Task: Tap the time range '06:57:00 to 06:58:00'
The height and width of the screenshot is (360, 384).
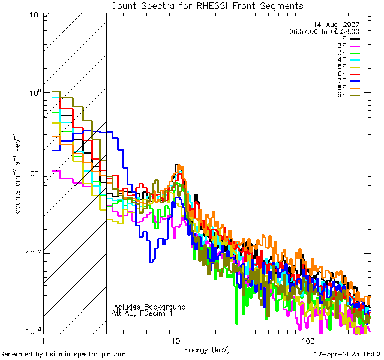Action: [x=324, y=31]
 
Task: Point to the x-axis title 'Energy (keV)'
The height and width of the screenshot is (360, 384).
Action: [x=206, y=350]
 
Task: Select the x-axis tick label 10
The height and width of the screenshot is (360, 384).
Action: [x=175, y=340]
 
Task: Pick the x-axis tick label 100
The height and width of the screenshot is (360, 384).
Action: [x=307, y=340]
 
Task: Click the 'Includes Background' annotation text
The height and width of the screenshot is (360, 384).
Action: [x=149, y=307]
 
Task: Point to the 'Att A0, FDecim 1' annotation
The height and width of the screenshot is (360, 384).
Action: [x=142, y=313]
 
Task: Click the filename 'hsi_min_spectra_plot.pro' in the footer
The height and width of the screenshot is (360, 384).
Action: [x=86, y=354]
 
